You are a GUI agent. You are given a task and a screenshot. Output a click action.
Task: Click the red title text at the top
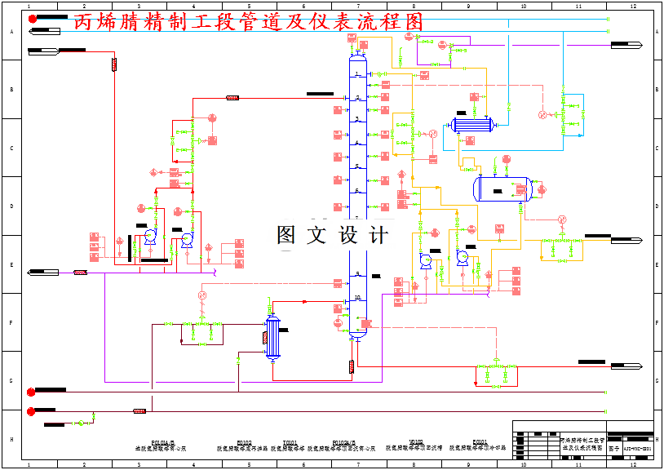(x=249, y=22)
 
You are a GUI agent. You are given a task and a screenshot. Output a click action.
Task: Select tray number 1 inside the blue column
(x=357, y=74)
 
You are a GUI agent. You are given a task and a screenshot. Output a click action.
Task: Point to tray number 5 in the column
(x=357, y=166)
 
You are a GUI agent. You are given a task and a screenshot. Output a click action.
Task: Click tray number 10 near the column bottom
(x=357, y=298)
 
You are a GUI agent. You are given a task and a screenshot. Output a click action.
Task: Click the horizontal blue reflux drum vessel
(x=503, y=188)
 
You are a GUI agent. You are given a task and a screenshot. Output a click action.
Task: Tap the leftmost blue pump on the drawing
(x=149, y=237)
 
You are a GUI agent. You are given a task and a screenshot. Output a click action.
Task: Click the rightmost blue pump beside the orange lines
(x=463, y=257)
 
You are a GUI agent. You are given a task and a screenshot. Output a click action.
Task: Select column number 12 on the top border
(x=632, y=7)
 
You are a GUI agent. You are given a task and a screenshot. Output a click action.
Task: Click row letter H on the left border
(x=11, y=439)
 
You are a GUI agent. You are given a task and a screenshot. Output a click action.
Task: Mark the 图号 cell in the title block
(x=614, y=448)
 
